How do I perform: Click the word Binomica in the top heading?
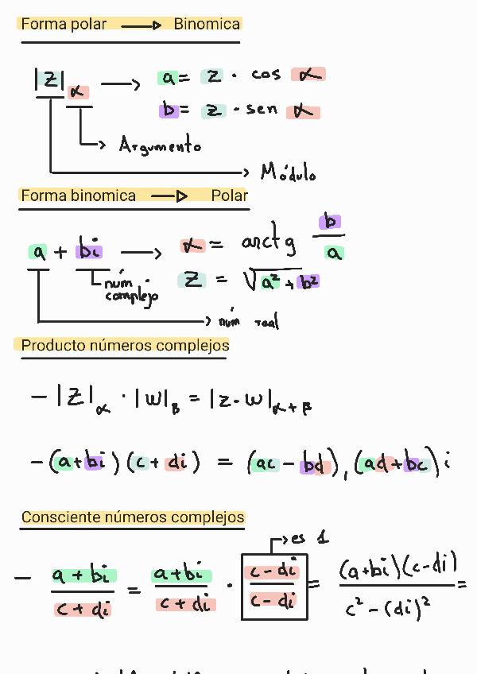coord(207,25)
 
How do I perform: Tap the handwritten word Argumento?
coord(160,145)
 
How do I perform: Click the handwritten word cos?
coord(266,75)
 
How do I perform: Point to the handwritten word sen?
coord(262,110)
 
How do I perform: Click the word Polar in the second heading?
coord(230,196)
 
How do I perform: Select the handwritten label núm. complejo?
coord(130,289)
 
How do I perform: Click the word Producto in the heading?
coord(49,346)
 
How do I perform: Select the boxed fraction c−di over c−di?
coord(273,586)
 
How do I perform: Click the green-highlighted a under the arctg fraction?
coord(335,254)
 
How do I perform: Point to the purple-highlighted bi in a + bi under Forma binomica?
coord(90,251)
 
